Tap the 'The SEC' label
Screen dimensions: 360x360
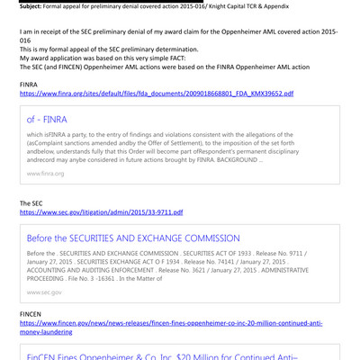click(32, 203)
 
